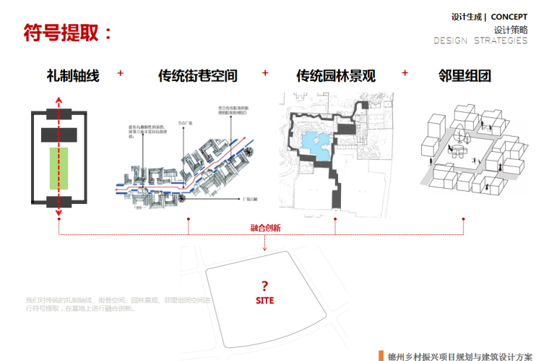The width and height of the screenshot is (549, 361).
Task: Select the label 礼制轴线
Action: [73, 75]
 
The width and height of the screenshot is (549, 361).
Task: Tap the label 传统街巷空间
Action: [198, 75]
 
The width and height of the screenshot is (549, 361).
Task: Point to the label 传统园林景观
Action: [335, 75]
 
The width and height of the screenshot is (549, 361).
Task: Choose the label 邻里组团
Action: [464, 75]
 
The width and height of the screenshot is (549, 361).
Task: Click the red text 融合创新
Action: [265, 228]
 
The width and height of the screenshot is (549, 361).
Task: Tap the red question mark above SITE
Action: [264, 285]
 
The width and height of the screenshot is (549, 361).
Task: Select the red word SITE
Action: [264, 300]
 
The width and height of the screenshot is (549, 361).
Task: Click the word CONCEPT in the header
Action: [509, 17]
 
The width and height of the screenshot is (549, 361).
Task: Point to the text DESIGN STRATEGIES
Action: [480, 41]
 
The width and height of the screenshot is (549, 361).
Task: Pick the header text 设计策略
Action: [511, 30]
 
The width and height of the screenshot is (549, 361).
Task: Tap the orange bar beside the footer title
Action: [380, 355]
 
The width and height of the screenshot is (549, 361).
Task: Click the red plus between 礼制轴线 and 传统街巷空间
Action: [121, 73]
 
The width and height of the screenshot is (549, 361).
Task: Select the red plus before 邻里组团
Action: [405, 73]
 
